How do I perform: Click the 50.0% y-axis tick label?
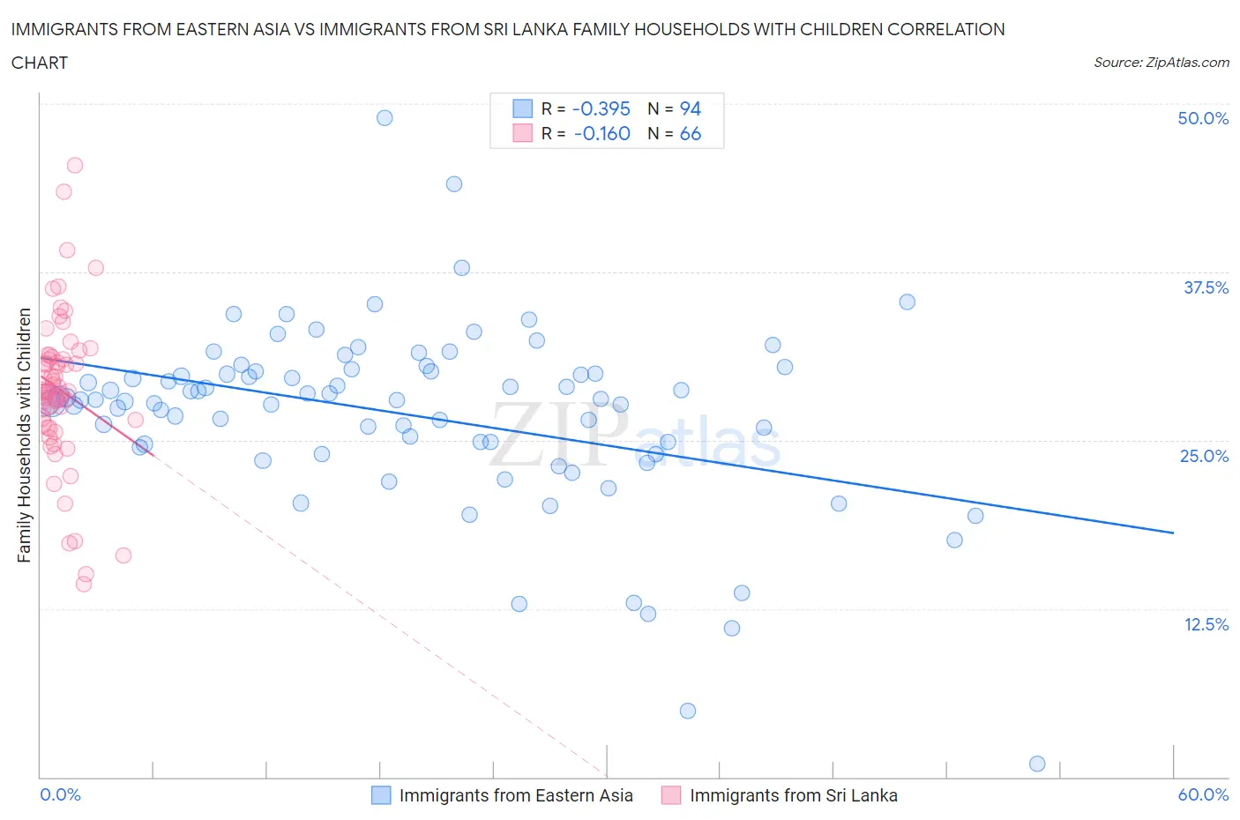1203,118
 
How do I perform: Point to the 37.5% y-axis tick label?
1206,287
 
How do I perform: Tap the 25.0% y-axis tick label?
1204,456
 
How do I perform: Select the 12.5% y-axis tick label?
1206,624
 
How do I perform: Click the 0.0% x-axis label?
60,794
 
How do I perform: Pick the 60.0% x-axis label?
1203,794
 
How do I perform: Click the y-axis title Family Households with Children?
24,435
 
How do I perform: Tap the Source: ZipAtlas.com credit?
1161,62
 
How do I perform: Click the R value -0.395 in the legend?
601,108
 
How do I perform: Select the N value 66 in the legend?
690,133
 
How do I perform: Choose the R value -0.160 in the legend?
601,133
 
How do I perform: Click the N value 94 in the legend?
690,108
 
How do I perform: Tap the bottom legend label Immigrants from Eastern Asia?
516,795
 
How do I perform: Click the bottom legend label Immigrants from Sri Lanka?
793,795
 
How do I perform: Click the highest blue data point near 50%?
385,117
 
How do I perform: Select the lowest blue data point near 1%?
1037,764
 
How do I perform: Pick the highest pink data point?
75,165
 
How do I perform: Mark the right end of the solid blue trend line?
1173,533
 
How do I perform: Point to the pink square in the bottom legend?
671,795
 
